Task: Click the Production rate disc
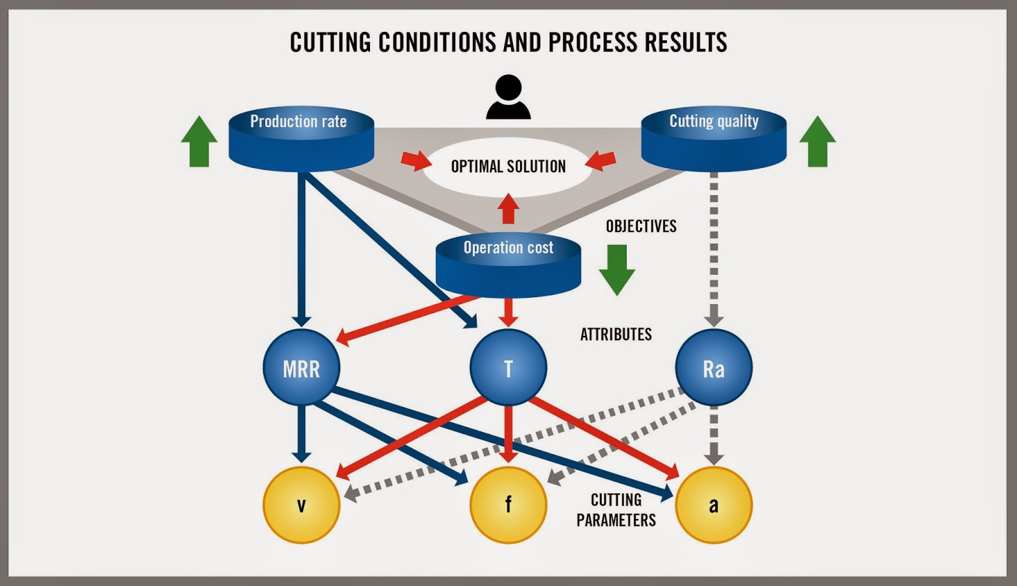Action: (301, 139)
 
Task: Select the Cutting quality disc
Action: (713, 139)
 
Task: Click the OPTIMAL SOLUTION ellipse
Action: (508, 166)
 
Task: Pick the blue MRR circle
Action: (301, 368)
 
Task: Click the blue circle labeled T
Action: (508, 368)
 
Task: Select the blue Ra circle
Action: (713, 368)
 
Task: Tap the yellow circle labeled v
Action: (301, 505)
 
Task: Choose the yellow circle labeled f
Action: (508, 505)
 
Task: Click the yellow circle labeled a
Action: (713, 505)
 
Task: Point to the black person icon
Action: (508, 98)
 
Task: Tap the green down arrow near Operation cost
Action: (617, 270)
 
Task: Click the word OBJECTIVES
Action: (641, 226)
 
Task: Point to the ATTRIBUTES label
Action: (615, 334)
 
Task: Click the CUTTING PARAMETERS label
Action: (615, 510)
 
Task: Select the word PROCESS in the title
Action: (592, 42)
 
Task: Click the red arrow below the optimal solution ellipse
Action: (508, 209)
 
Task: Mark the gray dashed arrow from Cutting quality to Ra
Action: (714, 248)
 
